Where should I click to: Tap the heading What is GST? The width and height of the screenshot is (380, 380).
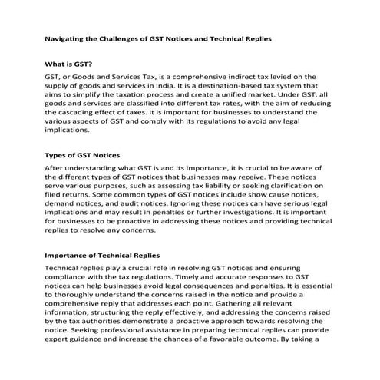pos(70,65)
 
